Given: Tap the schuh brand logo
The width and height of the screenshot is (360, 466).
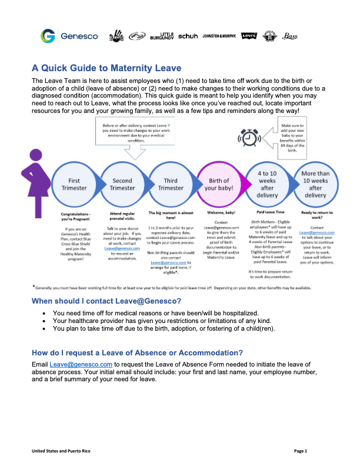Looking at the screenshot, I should (x=188, y=36).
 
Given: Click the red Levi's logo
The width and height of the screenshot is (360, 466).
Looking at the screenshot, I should (x=249, y=36).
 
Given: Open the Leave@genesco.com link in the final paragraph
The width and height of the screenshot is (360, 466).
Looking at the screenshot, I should (x=73, y=364).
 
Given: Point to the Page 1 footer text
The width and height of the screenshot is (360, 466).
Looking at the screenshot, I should (x=301, y=451).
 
